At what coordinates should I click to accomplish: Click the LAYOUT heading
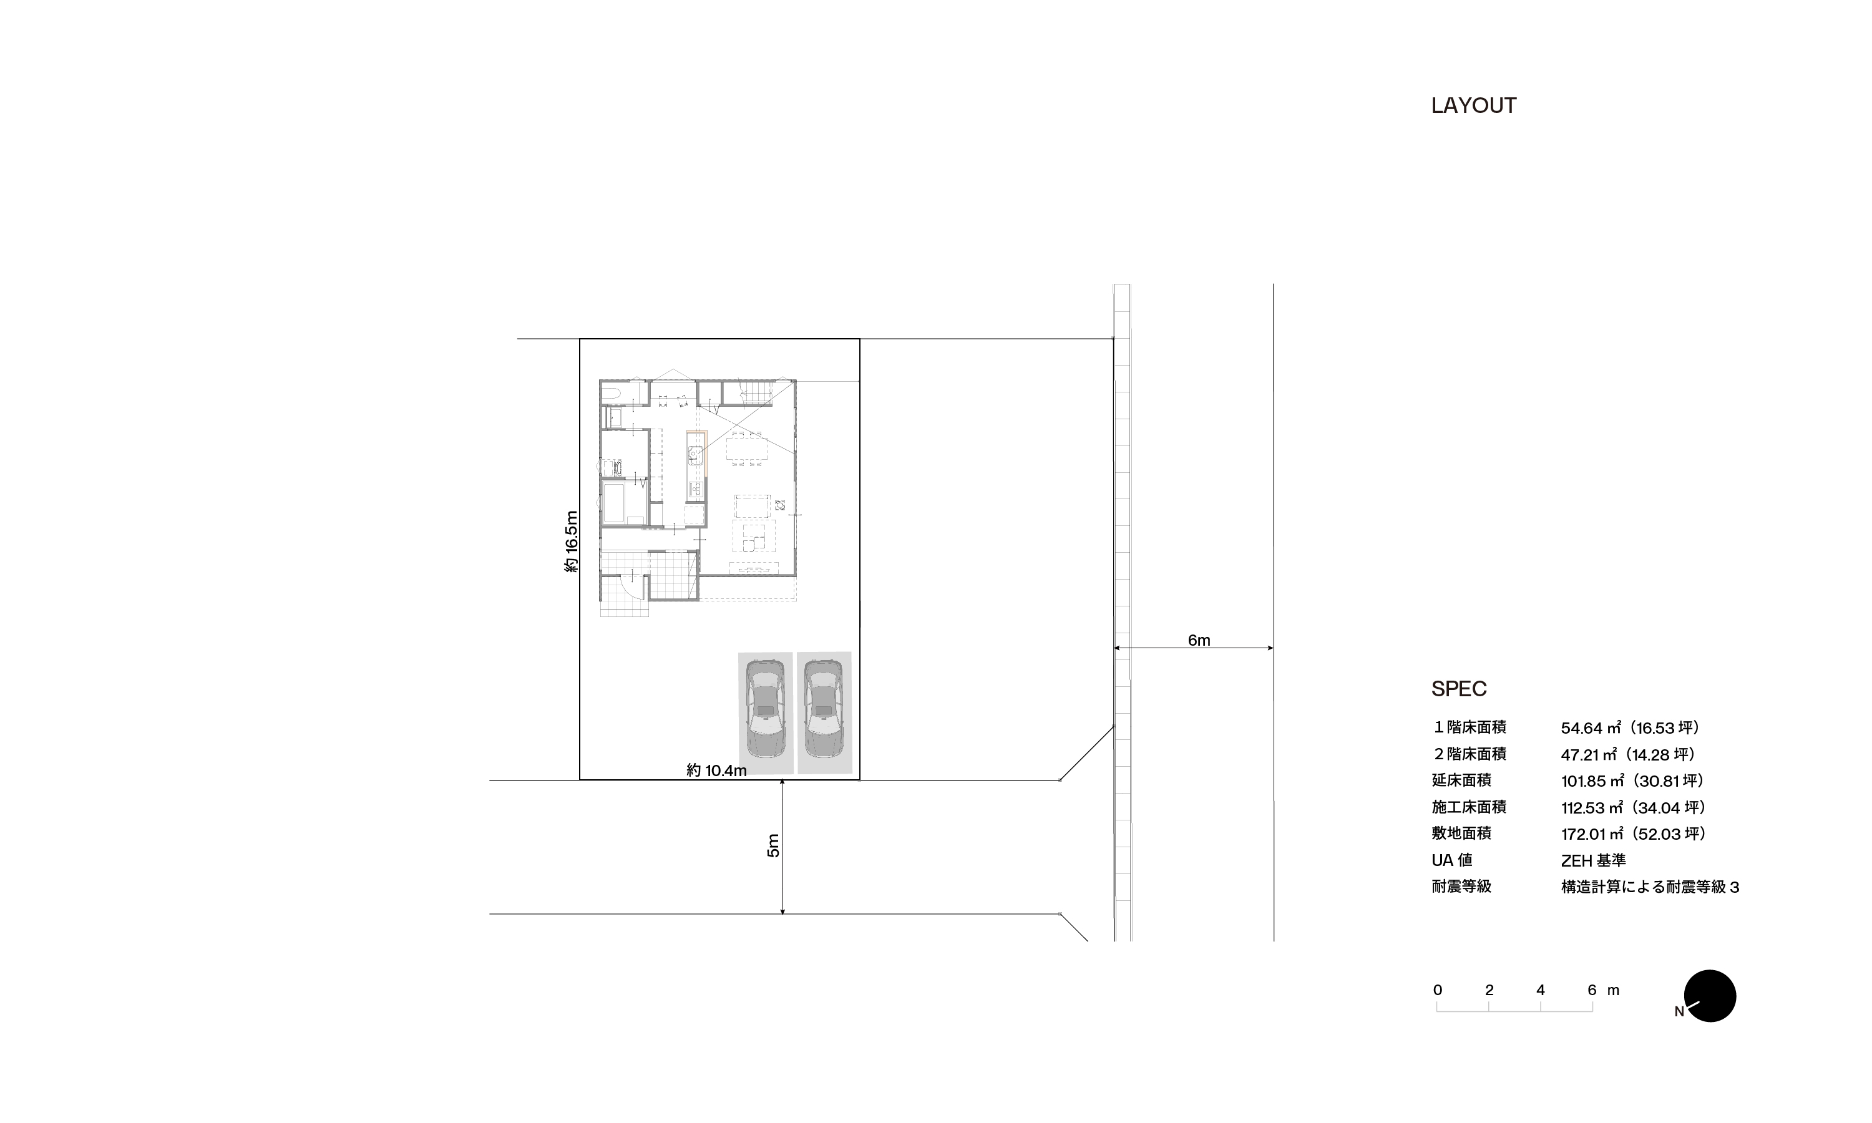point(1473,106)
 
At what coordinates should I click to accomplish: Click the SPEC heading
point(1459,689)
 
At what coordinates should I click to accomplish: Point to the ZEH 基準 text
point(1593,860)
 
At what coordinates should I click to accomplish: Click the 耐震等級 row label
point(1461,886)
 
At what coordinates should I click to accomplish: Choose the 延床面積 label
point(1461,780)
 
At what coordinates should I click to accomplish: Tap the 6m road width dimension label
point(1199,640)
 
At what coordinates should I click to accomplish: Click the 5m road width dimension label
point(773,845)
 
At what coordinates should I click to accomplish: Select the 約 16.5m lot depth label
point(572,542)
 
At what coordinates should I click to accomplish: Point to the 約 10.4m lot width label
point(716,771)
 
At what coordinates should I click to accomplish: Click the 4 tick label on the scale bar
point(1540,990)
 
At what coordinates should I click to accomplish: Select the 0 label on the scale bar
point(1437,990)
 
